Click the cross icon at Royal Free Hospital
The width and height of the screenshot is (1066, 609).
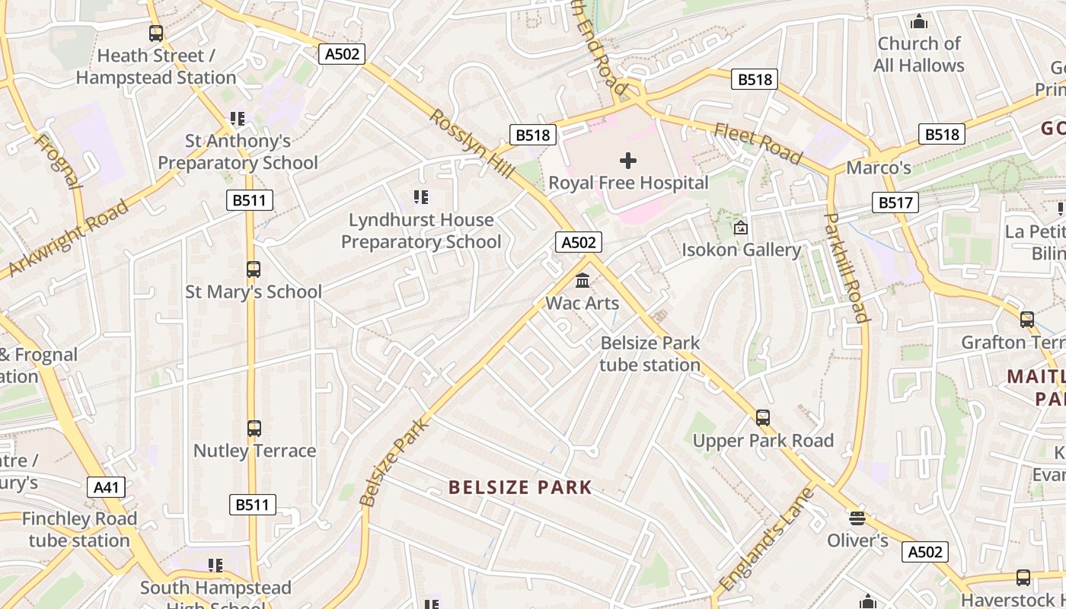(628, 161)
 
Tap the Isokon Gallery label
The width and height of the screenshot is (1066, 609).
(741, 250)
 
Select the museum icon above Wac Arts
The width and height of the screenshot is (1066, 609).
(582, 281)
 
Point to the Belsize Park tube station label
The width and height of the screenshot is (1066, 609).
(649, 354)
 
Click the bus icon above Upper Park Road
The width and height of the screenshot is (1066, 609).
(763, 418)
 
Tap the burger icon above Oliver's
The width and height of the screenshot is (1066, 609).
(857, 518)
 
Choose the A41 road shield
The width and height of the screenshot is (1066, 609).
(106, 487)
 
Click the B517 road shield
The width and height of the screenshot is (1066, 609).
(895, 202)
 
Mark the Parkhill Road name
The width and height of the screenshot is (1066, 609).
(847, 267)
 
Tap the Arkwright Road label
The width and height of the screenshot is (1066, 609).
(69, 239)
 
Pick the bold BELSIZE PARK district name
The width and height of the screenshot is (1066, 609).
(520, 487)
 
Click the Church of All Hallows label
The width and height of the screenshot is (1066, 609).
(919, 54)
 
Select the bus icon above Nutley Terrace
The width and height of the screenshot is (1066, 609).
(254, 429)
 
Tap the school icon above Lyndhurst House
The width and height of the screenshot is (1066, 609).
(421, 198)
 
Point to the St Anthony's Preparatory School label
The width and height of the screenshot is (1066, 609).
(238, 151)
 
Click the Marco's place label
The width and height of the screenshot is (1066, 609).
(879, 167)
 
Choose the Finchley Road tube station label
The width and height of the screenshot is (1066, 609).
(79, 530)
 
